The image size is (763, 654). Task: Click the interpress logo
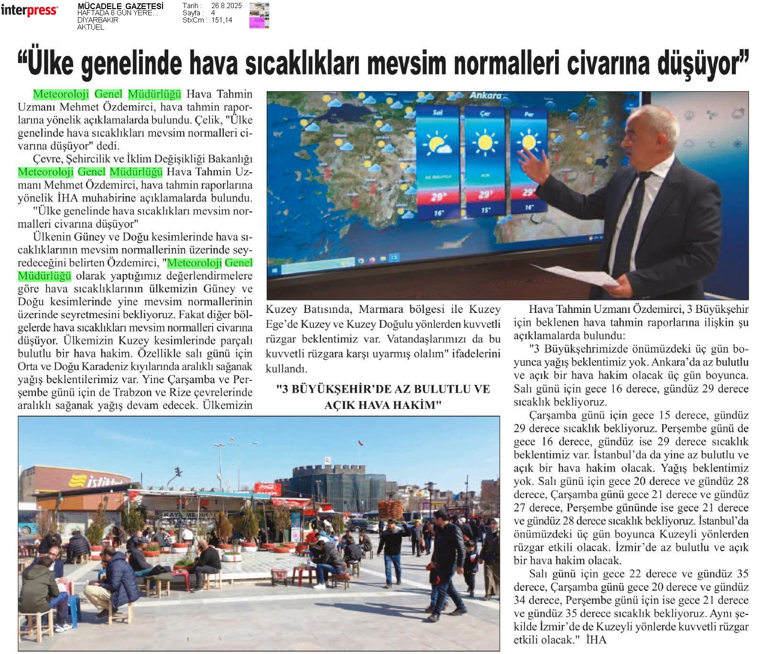(29, 11)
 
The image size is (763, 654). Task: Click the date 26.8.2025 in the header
(226, 6)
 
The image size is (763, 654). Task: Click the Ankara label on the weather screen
(485, 95)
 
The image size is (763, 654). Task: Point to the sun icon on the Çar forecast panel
(485, 142)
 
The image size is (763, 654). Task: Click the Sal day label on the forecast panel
(437, 113)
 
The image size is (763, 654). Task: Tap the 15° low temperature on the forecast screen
(485, 210)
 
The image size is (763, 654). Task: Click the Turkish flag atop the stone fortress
(359, 442)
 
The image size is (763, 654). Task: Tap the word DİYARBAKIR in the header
(98, 20)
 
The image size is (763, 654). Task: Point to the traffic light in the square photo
(178, 472)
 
